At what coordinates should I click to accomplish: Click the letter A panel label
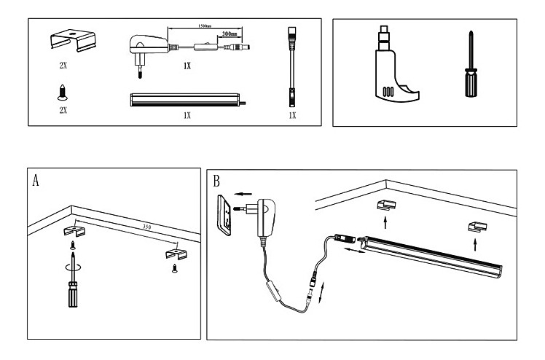click(36, 181)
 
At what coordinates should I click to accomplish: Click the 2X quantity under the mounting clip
click(63, 64)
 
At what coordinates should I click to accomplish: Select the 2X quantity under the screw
click(63, 110)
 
